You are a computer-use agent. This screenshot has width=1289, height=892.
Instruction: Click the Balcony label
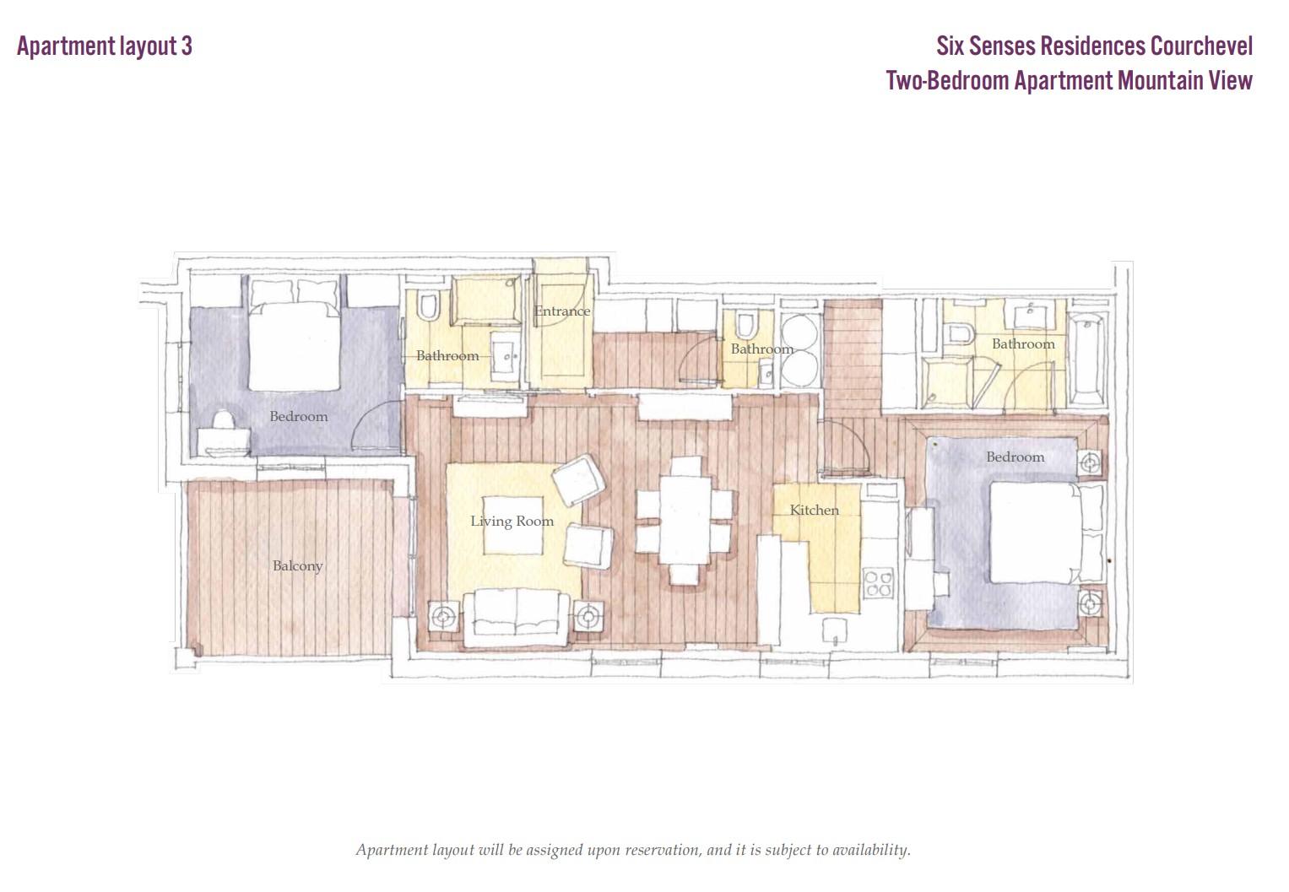point(297,566)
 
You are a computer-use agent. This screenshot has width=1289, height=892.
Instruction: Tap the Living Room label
point(512,521)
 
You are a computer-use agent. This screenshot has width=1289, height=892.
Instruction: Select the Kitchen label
point(814,510)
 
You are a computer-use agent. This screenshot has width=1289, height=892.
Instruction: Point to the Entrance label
point(562,311)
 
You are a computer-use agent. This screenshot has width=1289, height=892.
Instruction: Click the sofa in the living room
point(516,618)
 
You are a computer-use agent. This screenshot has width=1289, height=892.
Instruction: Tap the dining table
point(685,519)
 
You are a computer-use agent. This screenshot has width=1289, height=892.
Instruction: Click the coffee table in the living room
point(512,525)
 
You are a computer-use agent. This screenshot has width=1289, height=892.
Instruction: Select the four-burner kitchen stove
point(878,583)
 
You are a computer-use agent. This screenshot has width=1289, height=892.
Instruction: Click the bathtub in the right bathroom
point(1086,360)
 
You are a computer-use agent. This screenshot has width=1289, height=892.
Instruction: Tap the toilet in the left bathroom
point(428,306)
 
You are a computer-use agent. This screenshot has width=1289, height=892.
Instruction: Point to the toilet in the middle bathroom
point(745,325)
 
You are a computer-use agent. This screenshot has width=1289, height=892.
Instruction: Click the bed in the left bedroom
point(294,334)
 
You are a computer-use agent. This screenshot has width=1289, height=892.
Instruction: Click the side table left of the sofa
point(444,617)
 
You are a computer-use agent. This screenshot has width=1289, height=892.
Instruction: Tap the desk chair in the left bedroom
point(223,419)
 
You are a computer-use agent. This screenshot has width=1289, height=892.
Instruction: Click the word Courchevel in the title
point(1201,46)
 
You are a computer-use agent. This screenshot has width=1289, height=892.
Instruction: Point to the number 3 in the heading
point(187,46)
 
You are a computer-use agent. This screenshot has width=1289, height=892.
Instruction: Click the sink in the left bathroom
point(505,357)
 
